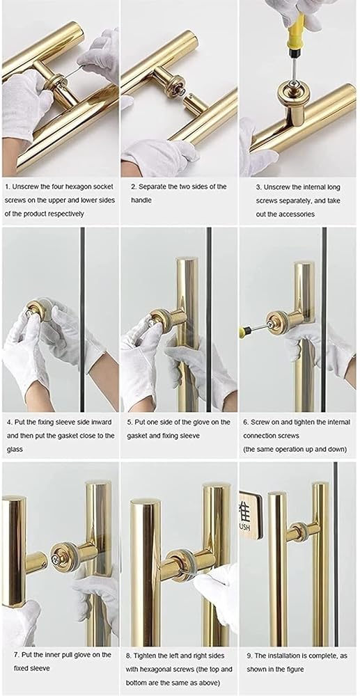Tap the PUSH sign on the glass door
point(251,514)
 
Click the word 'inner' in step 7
point(51,655)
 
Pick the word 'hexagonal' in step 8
point(155,668)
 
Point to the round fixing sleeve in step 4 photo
point(35,310)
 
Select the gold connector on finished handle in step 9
point(302,530)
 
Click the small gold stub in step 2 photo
point(194,102)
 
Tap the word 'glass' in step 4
point(13,450)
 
